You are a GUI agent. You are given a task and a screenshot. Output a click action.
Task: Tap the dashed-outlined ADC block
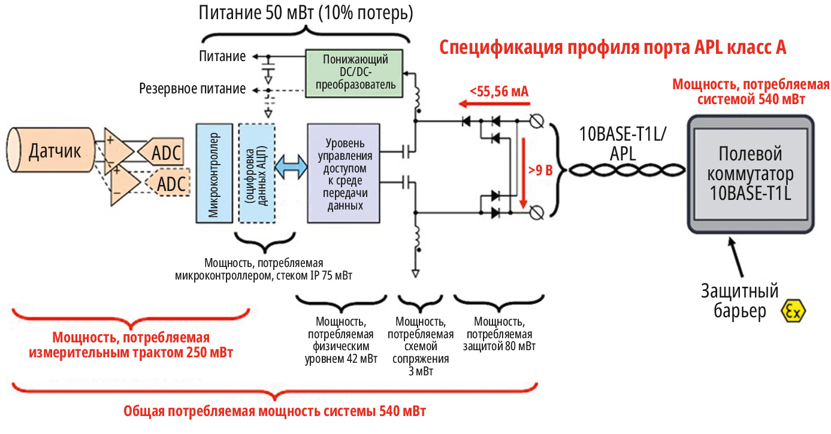click(x=169, y=184)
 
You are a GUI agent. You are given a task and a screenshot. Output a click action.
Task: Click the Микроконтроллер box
click(x=213, y=173)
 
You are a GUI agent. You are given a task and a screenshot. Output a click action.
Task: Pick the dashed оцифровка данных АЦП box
click(x=256, y=173)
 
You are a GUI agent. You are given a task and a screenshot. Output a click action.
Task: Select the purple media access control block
click(x=343, y=173)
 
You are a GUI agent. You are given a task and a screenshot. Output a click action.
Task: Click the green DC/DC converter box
click(x=355, y=74)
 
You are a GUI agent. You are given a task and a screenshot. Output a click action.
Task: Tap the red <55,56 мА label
click(x=498, y=92)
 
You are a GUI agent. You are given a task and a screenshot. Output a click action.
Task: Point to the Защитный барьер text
click(x=740, y=302)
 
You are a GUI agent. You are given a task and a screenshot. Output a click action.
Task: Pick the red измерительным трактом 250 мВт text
click(x=131, y=345)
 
